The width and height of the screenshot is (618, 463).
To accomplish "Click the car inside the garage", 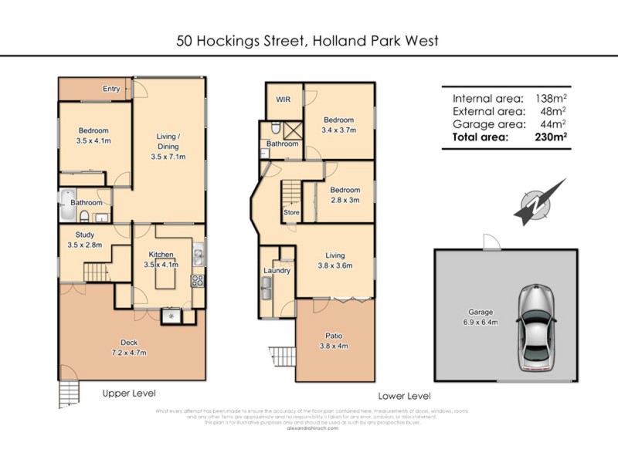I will pos(536,326).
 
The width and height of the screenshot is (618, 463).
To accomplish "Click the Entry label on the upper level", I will pos(111,89).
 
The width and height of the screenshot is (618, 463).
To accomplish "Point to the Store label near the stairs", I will pos(291,212).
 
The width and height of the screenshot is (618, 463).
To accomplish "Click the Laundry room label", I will pos(277,271).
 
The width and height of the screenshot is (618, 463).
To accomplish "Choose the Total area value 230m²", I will pos(552,137).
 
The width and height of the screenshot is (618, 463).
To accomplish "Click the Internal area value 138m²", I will pos(549,98).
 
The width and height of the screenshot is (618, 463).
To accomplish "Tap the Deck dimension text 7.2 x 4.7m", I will pos(129,352).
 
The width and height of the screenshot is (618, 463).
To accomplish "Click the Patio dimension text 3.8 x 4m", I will pos(334,345).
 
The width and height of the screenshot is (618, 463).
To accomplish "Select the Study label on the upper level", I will pos(85,235).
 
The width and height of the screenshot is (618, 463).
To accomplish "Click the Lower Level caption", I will pos(404,395).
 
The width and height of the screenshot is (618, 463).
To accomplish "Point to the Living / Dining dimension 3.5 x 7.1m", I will pos(168,157).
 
